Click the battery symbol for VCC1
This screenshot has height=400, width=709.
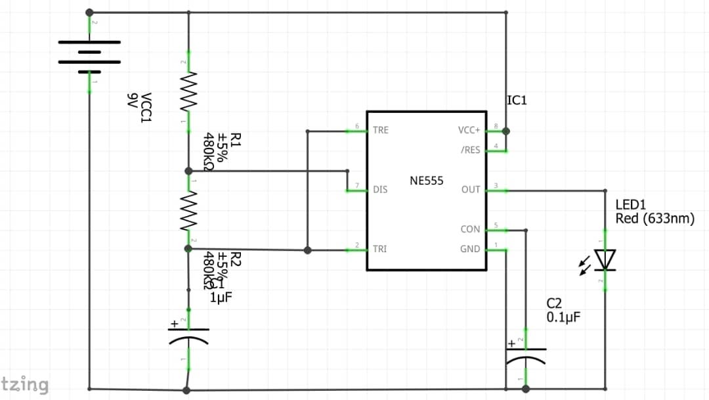[89, 56]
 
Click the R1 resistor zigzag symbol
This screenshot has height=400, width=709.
[188, 91]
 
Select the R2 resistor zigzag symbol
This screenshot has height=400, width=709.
[188, 210]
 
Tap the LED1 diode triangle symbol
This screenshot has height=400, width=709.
[604, 259]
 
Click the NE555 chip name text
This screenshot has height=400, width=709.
[427, 181]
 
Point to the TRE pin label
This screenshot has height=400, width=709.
[381, 130]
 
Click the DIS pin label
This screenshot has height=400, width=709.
[380, 190]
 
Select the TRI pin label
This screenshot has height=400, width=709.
[379, 250]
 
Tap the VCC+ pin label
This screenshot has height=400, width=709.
[469, 130]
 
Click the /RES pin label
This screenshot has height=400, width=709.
[470, 150]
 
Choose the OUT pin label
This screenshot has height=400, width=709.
[471, 190]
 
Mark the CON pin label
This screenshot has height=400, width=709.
[471, 229]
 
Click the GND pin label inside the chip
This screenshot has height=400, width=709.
[471, 250]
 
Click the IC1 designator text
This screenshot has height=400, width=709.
[517, 100]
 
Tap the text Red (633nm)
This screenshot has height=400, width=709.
[655, 219]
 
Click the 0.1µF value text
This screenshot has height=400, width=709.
[563, 317]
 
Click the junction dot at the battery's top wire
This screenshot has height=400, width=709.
[89, 12]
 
